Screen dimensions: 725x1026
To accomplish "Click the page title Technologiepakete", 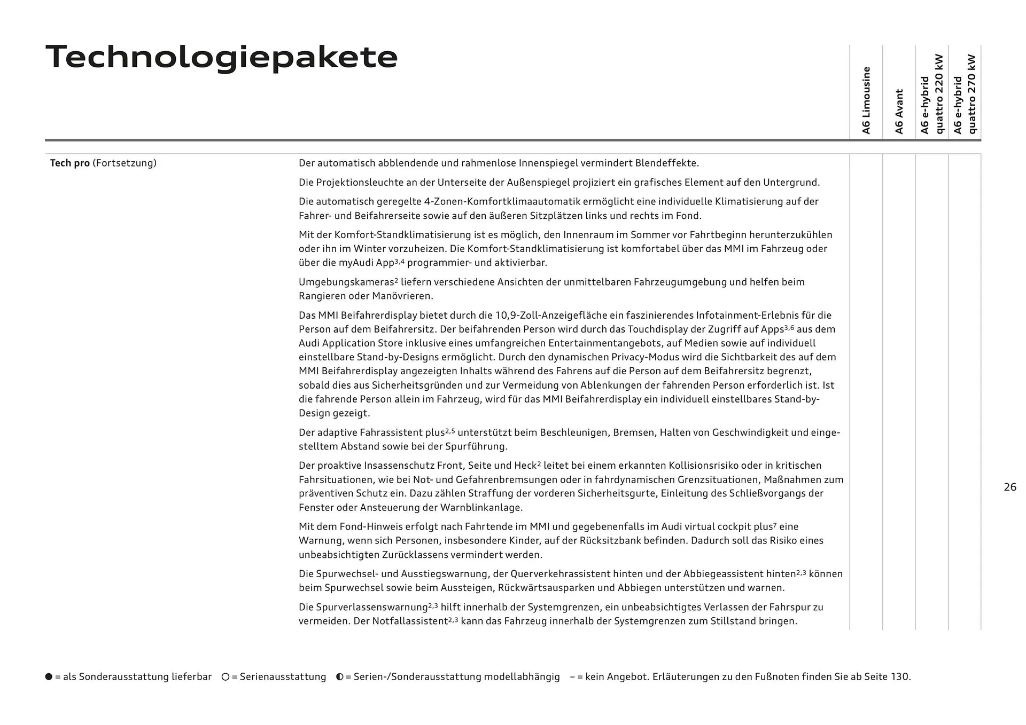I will point(221,57).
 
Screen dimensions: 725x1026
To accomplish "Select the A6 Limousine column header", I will point(866,100).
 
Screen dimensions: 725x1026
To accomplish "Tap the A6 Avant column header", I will point(899,111).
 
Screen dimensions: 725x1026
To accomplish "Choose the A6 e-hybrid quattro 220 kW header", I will point(932,94).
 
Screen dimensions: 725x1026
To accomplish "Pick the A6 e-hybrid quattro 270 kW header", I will point(965,94).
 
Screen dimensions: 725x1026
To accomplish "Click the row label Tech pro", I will point(69,163).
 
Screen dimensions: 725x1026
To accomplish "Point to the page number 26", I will point(1009,487).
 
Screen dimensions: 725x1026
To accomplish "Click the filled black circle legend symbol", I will point(49,676).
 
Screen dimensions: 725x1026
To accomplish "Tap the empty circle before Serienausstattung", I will point(226,676).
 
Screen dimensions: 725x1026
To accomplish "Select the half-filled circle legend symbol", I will point(340,676).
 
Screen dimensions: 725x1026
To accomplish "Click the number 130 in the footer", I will point(899,676).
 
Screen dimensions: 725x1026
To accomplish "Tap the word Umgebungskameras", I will point(346,282).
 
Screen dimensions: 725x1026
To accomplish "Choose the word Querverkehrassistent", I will point(561,574).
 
